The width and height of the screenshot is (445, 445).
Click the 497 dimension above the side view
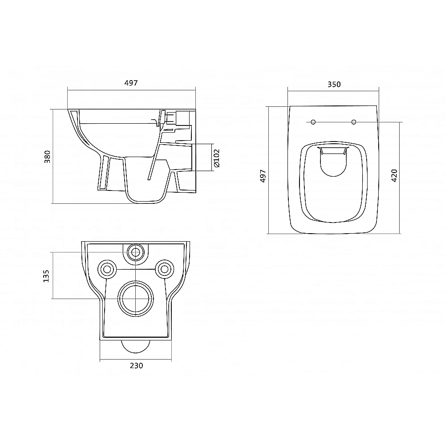pyautogui.click(x=131, y=83)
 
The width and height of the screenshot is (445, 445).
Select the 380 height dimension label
pyautogui.click(x=48, y=156)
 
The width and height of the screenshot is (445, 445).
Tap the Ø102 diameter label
pyautogui.click(x=217, y=158)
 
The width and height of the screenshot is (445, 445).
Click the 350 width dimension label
pyautogui.click(x=334, y=84)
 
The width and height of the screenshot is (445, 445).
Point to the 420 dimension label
pyautogui.click(x=394, y=175)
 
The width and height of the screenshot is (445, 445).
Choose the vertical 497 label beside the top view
pyautogui.click(x=263, y=176)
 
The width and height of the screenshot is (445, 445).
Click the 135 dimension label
pyautogui.click(x=46, y=276)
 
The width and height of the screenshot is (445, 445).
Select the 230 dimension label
pyautogui.click(x=137, y=366)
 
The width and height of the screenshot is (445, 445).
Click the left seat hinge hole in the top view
pyautogui.click(x=313, y=122)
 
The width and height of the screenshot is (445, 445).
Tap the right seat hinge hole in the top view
pyautogui.click(x=354, y=122)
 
